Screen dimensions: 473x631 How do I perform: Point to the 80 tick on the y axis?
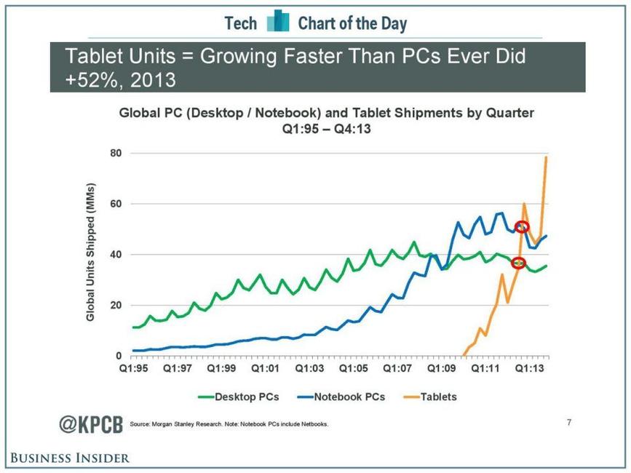[115, 154]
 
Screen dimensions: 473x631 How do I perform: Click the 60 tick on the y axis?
[115, 204]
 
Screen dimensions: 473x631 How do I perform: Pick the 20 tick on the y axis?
[115, 306]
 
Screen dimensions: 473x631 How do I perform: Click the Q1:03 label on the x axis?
[311, 369]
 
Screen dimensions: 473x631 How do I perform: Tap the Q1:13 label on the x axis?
[531, 369]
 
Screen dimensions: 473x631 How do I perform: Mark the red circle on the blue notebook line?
[522, 227]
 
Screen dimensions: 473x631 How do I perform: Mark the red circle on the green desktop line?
[518, 263]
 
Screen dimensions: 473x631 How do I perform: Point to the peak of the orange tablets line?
[547, 157]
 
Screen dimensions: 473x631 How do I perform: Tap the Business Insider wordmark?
[70, 458]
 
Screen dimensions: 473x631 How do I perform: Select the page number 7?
[568, 421]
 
